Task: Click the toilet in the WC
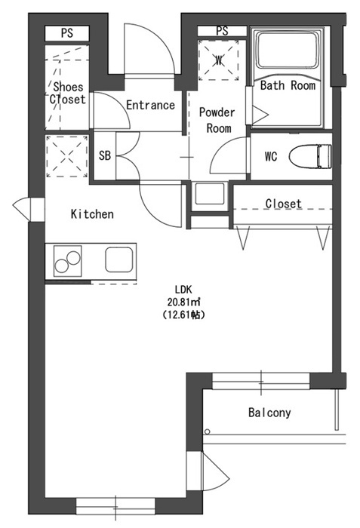(x=310, y=156)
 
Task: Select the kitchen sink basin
(x=118, y=259)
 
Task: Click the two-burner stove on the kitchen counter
(x=68, y=261)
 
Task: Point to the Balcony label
(x=269, y=413)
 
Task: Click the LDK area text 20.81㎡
(x=183, y=302)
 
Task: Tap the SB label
(x=105, y=155)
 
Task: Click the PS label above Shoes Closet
(x=67, y=33)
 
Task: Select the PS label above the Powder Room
(x=222, y=31)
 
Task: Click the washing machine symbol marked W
(x=219, y=60)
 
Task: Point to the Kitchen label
(x=92, y=214)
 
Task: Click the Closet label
(x=283, y=204)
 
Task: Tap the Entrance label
(x=150, y=105)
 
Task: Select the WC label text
(x=271, y=156)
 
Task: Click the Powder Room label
(x=217, y=120)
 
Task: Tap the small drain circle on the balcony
(x=208, y=431)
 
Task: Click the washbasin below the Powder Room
(x=209, y=194)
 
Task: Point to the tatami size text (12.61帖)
(x=183, y=315)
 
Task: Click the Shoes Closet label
(x=68, y=93)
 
